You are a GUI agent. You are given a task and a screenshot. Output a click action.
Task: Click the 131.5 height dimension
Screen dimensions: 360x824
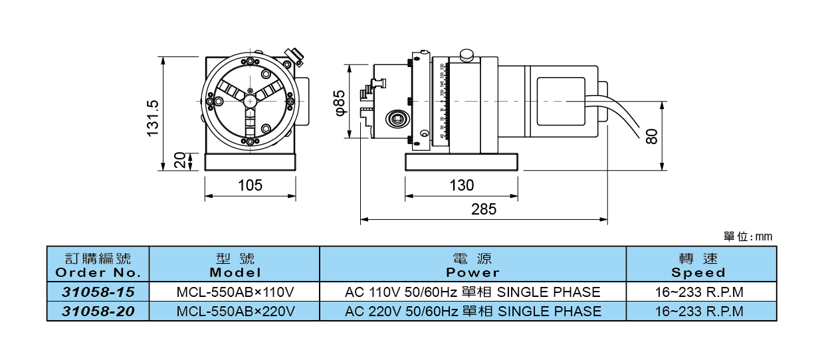154,118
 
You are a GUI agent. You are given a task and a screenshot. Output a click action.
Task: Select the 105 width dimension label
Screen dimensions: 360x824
250,185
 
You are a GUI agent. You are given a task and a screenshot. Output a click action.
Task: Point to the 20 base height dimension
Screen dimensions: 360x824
179,161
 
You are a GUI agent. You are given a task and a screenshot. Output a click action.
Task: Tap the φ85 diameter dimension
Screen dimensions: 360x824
340,102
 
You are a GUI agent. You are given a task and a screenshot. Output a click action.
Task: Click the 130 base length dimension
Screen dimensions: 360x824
461,185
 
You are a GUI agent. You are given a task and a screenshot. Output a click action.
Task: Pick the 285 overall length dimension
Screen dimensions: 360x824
484,209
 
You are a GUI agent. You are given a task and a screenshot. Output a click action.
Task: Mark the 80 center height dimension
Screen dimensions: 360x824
652,136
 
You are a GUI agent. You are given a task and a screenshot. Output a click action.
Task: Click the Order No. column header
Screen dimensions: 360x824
98,264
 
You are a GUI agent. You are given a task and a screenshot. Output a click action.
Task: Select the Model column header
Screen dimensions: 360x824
235,264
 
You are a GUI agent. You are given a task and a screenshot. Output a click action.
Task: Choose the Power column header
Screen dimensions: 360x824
472,264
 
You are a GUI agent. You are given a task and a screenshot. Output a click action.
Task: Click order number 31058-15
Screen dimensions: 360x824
98,292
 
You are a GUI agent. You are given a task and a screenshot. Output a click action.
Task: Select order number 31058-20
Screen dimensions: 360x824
98,311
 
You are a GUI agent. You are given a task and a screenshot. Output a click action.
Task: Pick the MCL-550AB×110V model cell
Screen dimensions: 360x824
235,292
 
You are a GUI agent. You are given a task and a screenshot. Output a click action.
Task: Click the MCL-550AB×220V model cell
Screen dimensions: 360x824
235,311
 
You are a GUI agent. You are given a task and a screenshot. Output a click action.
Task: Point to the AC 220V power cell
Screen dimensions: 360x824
472,311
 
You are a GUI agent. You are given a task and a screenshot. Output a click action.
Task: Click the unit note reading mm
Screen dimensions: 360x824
748,236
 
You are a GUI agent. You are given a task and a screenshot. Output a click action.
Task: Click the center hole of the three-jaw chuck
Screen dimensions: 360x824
250,100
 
